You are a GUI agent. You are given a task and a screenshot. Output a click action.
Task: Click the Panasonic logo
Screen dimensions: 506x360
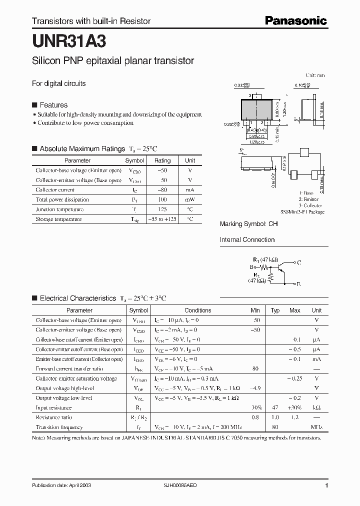tap(295, 20)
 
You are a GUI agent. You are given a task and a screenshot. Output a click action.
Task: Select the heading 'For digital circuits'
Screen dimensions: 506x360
tap(59, 83)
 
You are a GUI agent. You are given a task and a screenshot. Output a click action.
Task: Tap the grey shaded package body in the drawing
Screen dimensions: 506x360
tap(258, 108)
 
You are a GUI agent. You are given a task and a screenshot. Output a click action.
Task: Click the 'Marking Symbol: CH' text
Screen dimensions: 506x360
tap(248, 224)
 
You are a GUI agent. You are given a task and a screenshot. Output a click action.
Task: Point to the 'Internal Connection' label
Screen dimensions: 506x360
tap(247, 239)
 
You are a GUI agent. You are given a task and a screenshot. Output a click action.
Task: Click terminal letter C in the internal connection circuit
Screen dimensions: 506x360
tap(299, 262)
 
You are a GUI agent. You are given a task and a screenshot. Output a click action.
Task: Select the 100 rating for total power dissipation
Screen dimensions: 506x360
tap(162, 199)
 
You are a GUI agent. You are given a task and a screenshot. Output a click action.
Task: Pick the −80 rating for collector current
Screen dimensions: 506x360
tap(162, 190)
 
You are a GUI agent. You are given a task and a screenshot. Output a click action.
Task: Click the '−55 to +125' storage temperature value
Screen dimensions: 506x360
tap(162, 219)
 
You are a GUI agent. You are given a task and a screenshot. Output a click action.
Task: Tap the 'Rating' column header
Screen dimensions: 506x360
tap(162, 160)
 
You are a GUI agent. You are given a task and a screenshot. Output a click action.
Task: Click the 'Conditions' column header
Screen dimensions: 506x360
tap(197, 310)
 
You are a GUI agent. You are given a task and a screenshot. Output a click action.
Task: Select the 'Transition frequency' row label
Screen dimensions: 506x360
tap(59, 427)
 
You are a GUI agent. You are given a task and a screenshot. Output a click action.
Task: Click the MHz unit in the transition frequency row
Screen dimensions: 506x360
tap(316, 427)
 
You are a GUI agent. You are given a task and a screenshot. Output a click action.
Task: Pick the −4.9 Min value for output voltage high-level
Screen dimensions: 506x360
tap(255, 388)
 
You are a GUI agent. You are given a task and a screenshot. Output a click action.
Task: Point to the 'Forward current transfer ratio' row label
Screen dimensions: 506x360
tap(69, 368)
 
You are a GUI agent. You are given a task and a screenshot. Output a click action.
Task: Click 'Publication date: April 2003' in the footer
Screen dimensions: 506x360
tap(61, 485)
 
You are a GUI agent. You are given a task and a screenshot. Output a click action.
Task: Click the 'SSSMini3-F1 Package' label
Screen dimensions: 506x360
tap(302, 212)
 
